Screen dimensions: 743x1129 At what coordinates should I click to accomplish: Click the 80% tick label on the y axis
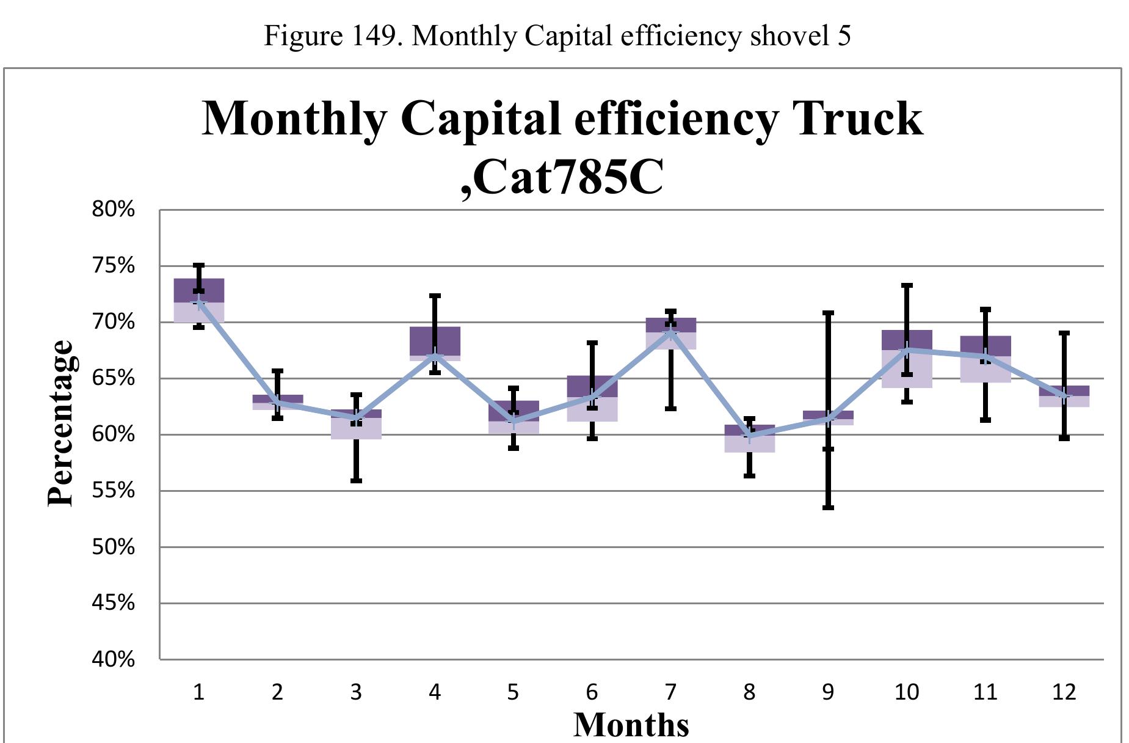(113, 210)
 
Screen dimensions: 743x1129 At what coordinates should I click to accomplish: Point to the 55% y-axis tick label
(113, 491)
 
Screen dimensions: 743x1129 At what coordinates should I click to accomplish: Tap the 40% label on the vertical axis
(113, 659)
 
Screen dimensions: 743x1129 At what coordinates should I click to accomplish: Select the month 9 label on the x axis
(828, 692)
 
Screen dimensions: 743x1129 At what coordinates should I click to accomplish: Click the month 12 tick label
(1064, 692)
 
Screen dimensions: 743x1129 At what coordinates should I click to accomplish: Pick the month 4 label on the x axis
(435, 692)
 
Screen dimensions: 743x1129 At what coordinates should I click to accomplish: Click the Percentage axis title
(60, 423)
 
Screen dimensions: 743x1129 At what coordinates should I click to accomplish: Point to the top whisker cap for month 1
(199, 265)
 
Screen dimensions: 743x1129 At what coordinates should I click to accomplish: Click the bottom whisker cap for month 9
(828, 507)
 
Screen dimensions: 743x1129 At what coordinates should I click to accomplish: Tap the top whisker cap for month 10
(907, 285)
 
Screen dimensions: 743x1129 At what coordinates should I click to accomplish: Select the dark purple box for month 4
(435, 341)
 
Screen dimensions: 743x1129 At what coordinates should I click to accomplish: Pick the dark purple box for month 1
(199, 290)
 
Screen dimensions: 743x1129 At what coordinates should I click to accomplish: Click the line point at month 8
(750, 436)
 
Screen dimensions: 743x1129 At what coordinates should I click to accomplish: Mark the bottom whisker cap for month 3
(357, 480)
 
